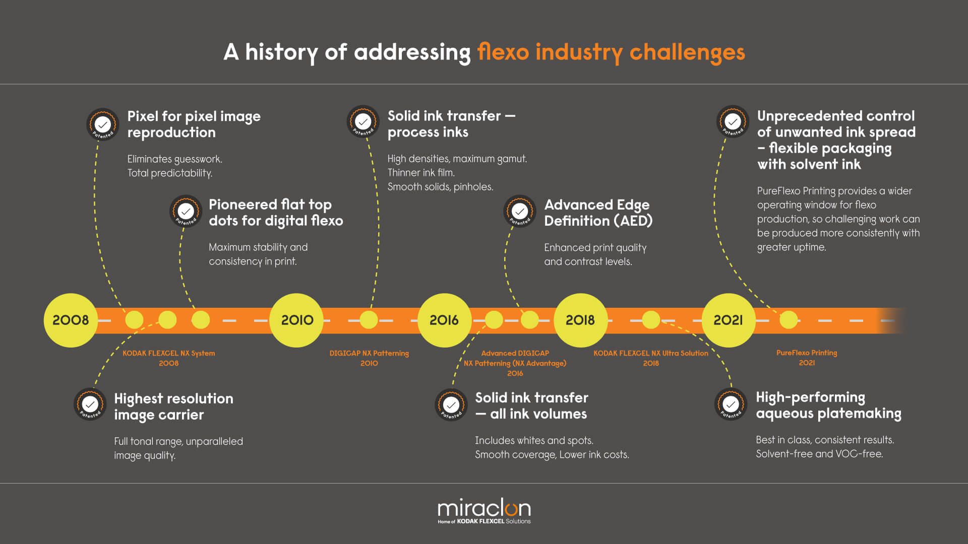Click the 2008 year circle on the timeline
click(x=71, y=320)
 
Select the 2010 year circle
click(x=297, y=320)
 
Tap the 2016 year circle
click(x=444, y=320)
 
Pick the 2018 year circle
click(x=580, y=320)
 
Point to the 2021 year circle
click(x=728, y=320)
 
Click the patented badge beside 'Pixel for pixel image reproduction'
click(x=103, y=124)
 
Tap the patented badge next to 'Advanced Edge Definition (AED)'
click(x=520, y=211)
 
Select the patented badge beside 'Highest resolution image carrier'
click(x=90, y=404)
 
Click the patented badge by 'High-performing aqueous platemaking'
click(x=731, y=403)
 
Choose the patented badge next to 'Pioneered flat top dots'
click(x=186, y=211)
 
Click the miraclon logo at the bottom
click(x=484, y=511)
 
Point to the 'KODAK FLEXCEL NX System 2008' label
click(x=169, y=358)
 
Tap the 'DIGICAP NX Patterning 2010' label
click(x=369, y=358)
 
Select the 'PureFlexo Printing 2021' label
click(x=807, y=358)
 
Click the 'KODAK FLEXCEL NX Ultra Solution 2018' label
click(x=651, y=358)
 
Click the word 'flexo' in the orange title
click(x=503, y=52)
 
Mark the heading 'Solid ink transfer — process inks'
click(x=451, y=124)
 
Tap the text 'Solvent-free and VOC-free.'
click(x=819, y=454)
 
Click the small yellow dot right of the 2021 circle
click(x=789, y=320)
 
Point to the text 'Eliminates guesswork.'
click(x=174, y=159)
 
